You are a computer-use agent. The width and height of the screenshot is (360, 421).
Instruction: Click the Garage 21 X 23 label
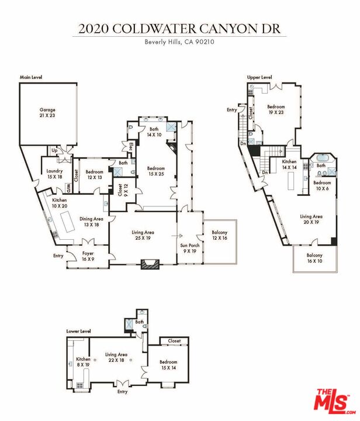pyautogui.click(x=47, y=112)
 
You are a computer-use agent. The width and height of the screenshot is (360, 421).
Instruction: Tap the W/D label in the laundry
pyautogui.click(x=68, y=188)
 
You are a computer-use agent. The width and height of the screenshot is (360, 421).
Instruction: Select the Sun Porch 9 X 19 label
pyautogui.click(x=190, y=248)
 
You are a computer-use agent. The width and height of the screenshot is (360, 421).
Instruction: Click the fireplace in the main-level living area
pyautogui.click(x=150, y=264)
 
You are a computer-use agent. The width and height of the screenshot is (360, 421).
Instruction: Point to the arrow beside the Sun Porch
pyautogui.click(x=176, y=236)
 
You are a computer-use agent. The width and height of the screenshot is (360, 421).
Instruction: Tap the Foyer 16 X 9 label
pyautogui.click(x=88, y=256)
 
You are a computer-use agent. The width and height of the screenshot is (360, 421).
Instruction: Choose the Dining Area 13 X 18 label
pyautogui.click(x=92, y=222)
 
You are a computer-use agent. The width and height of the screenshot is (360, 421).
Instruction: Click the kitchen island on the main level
pyautogui.click(x=68, y=222)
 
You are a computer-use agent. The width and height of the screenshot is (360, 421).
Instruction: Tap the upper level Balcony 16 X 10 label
pyautogui.click(x=314, y=258)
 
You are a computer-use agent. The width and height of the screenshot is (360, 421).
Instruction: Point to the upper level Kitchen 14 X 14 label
pyautogui.click(x=289, y=164)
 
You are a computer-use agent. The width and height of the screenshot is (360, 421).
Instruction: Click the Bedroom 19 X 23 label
pyautogui.click(x=276, y=109)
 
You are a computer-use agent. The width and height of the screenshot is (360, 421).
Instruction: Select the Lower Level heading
pyautogui.click(x=78, y=332)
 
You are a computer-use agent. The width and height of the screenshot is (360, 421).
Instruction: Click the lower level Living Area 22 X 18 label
pyautogui.click(x=116, y=357)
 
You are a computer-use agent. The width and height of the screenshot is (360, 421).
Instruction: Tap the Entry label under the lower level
pyautogui.click(x=122, y=392)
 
